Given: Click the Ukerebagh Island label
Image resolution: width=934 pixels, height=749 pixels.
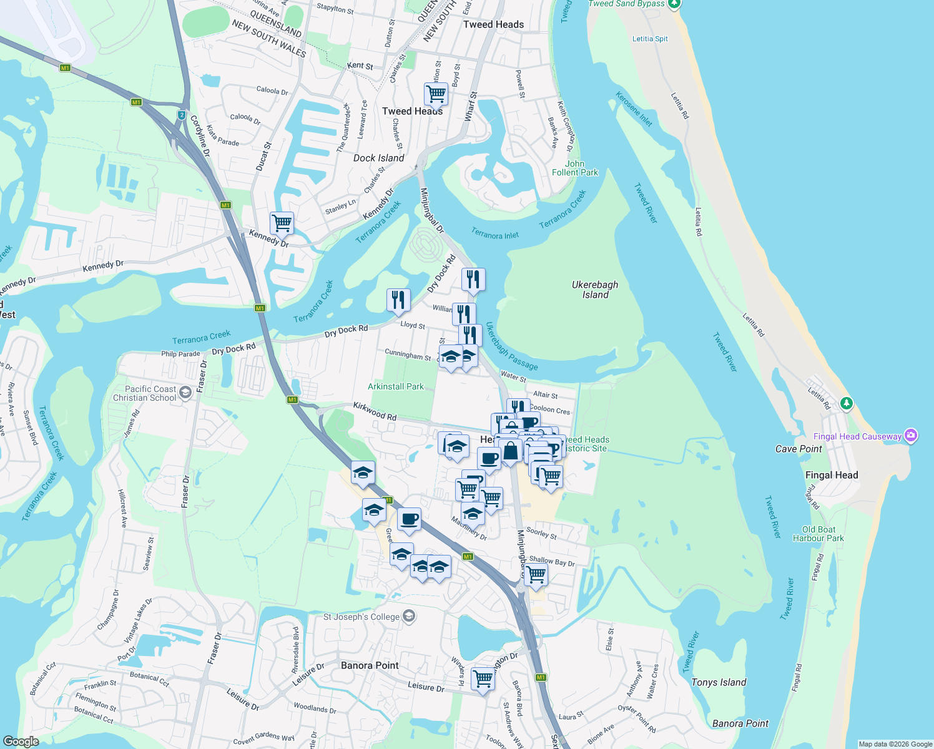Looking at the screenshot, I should click(595, 290).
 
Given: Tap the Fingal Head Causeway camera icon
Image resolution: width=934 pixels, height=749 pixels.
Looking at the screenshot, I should click(911, 435).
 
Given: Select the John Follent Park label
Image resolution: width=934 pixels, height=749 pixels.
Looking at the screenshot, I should click(575, 168).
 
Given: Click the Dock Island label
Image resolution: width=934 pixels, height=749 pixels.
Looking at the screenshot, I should click(378, 158).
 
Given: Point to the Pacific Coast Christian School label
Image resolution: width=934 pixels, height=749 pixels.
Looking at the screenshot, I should click(145, 393).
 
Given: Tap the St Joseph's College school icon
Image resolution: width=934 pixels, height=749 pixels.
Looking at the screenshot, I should click(408, 617).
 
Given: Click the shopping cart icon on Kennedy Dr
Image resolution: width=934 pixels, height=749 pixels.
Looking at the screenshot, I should click(282, 223).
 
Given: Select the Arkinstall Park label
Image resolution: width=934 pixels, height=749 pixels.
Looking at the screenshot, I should click(396, 386).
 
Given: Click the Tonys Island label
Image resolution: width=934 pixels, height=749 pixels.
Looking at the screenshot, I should click(719, 682).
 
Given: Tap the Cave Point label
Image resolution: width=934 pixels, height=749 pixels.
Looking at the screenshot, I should click(799, 449).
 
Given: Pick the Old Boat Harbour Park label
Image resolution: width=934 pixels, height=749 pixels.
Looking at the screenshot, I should click(818, 534).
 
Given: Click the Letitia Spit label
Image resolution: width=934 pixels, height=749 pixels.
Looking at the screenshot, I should click(650, 39).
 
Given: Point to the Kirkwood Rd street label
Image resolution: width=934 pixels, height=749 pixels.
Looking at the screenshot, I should click(375, 411).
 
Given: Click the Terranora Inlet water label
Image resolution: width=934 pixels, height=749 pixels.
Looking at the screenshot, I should click(494, 235).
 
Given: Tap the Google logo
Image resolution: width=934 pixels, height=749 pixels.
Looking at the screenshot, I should click(21, 742).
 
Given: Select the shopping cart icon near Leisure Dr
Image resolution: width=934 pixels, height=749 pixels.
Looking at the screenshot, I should click(483, 678).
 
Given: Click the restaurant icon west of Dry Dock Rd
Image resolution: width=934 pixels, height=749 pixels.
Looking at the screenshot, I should click(398, 300).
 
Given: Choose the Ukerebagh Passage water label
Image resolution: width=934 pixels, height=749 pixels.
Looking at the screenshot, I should click(511, 346).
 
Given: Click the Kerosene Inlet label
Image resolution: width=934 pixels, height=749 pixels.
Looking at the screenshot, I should click(634, 109).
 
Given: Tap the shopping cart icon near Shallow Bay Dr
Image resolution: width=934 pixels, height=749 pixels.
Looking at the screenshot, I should click(536, 574).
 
